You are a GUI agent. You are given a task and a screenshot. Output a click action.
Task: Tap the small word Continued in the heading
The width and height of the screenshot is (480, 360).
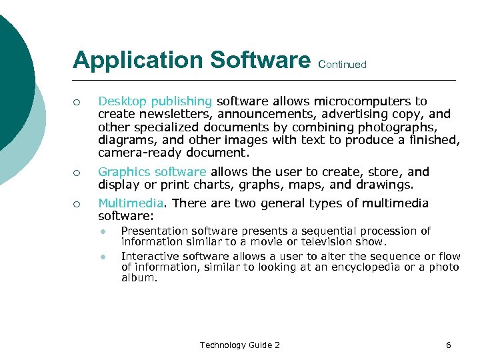coord(343,65)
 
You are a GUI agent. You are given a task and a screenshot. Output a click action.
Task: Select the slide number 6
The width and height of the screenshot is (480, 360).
coord(449,345)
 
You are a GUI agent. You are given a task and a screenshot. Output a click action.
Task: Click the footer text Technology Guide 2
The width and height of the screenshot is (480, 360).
coord(240,345)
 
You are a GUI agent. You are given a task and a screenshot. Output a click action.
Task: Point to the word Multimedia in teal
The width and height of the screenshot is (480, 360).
coord(130,203)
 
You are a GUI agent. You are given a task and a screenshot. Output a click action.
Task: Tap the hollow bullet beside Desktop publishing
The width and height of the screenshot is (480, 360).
coord(77,102)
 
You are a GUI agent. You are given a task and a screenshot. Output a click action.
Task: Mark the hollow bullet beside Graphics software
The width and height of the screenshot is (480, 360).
coord(77,173)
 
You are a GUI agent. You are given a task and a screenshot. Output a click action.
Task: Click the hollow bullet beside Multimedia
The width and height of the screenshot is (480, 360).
coord(77,204)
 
